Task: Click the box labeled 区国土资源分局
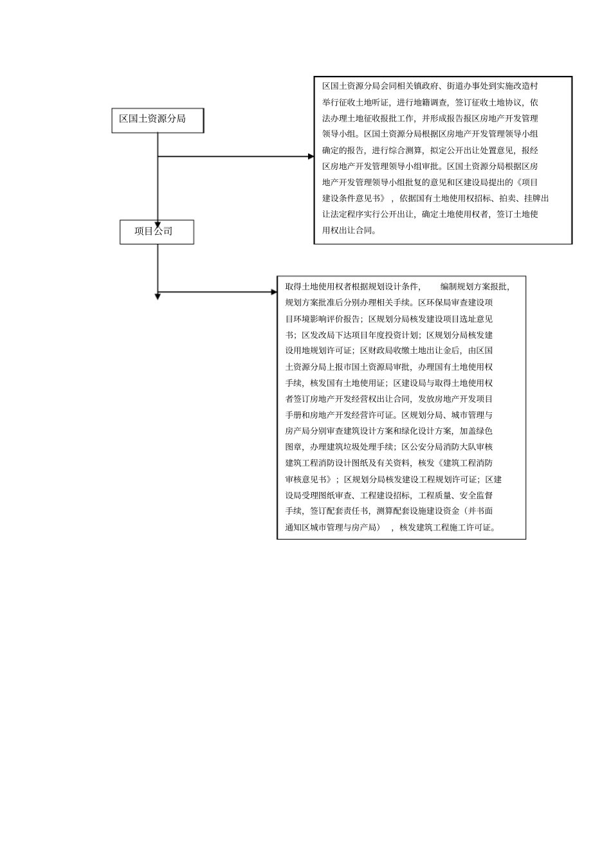tap(158, 120)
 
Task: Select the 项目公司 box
tap(156, 232)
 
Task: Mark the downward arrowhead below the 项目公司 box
tap(158, 296)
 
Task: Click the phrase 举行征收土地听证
tap(356, 102)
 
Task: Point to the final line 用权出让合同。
tap(350, 230)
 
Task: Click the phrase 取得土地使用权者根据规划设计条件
tap(352, 287)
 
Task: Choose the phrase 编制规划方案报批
tap(474, 287)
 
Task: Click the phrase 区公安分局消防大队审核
tap(447, 447)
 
